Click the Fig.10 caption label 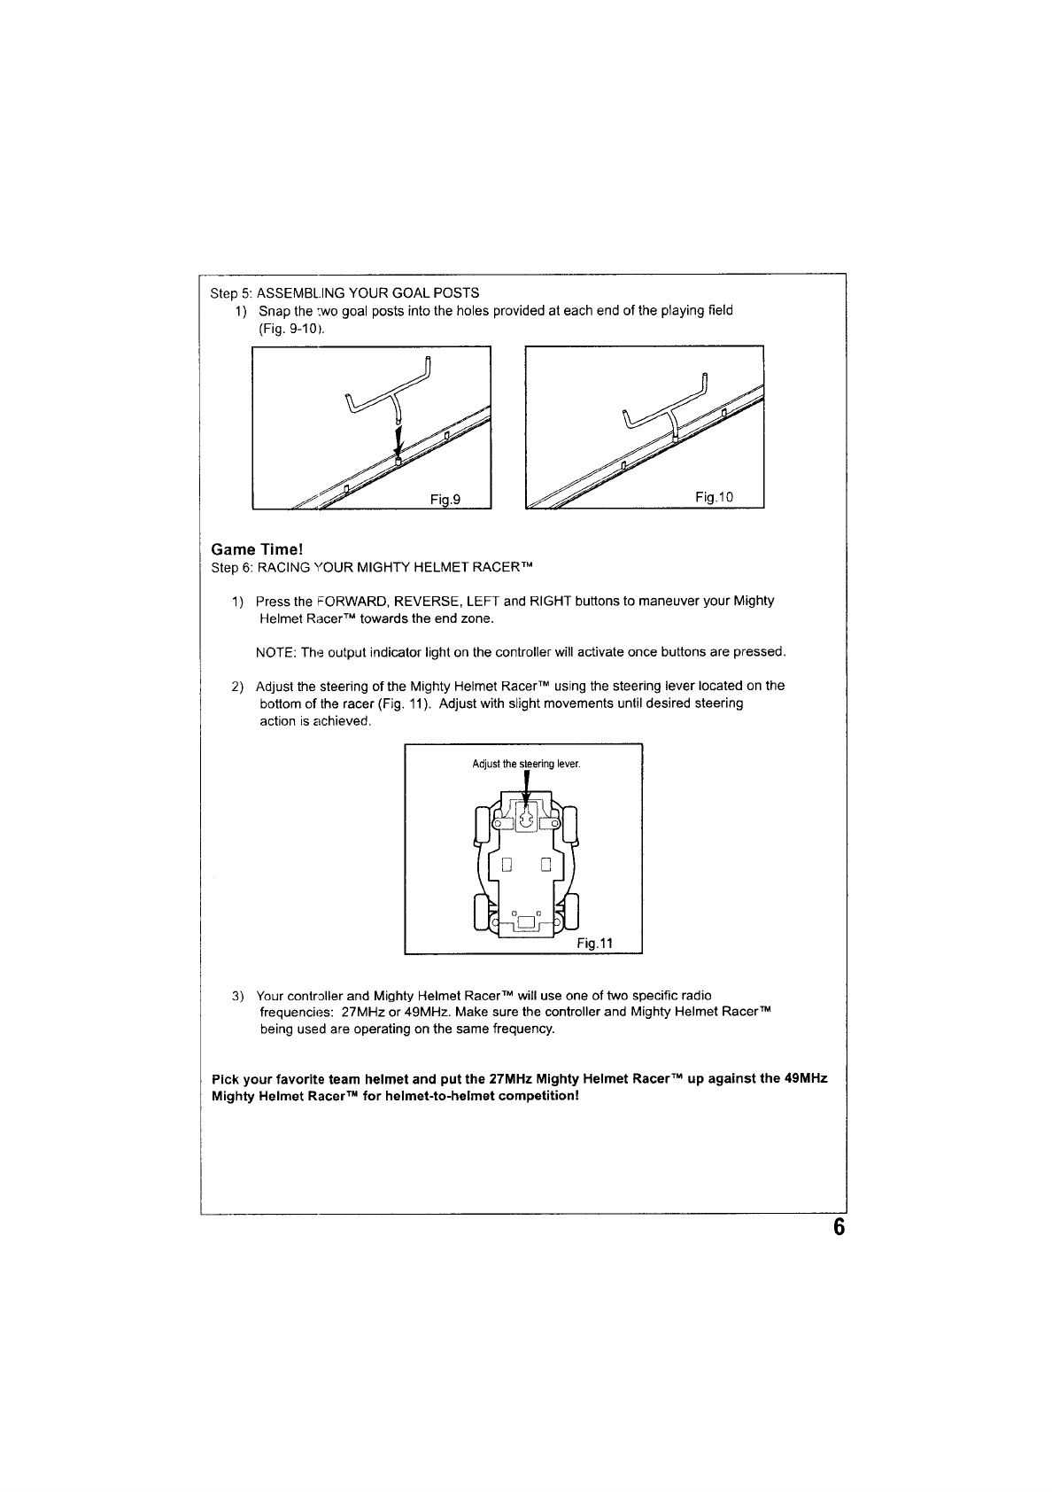[715, 497]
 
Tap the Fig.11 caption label [595, 944]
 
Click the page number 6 [839, 1228]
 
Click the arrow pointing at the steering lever [527, 787]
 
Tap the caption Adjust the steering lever [526, 764]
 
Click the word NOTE [275, 653]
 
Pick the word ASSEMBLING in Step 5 [293, 292]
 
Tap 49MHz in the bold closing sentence [805, 1079]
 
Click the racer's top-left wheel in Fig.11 [483, 825]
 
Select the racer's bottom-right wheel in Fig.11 [571, 912]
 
